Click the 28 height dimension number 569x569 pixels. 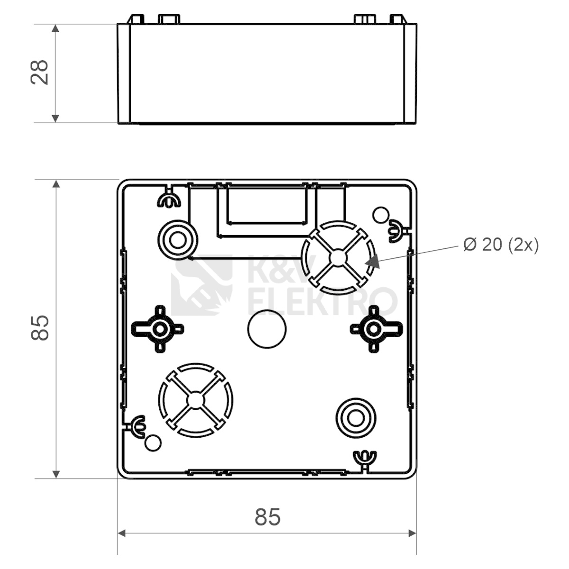pos(39,73)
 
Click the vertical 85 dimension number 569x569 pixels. pos(39,328)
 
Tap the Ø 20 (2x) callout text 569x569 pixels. pos(501,245)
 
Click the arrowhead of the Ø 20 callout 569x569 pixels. pos(372,261)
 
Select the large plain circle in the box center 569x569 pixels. pos(267,329)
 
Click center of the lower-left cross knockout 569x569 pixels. pos(195,400)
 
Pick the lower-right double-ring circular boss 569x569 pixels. pos(356,418)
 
